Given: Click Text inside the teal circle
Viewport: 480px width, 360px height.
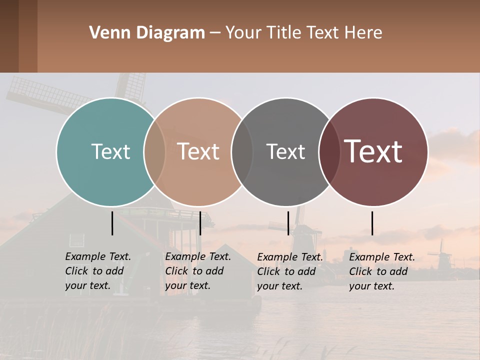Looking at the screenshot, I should coord(110,151).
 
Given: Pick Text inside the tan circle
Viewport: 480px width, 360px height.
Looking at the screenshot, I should coord(198,151).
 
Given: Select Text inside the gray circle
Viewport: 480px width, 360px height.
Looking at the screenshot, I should coord(285,151).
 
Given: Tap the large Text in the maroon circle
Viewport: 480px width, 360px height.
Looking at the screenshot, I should coord(373,151).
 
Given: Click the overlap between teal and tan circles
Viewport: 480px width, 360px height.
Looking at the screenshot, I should coord(154,151).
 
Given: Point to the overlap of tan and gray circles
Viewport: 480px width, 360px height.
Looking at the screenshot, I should coord(242,151).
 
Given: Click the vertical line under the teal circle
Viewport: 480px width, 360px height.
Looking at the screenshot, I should coord(112,223).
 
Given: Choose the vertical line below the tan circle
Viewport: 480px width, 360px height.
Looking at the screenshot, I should coord(200,223).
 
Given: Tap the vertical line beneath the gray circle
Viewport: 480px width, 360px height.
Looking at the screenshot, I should coord(288,223).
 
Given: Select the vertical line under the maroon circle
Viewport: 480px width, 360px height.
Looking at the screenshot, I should coord(372,223).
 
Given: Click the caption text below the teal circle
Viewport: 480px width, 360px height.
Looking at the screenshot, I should coord(97,271).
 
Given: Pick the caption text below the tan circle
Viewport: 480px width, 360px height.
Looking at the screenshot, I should coord(197,271).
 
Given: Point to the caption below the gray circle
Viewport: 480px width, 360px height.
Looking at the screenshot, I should coord(289,271).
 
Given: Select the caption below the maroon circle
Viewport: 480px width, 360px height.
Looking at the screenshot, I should coord(381,271).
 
